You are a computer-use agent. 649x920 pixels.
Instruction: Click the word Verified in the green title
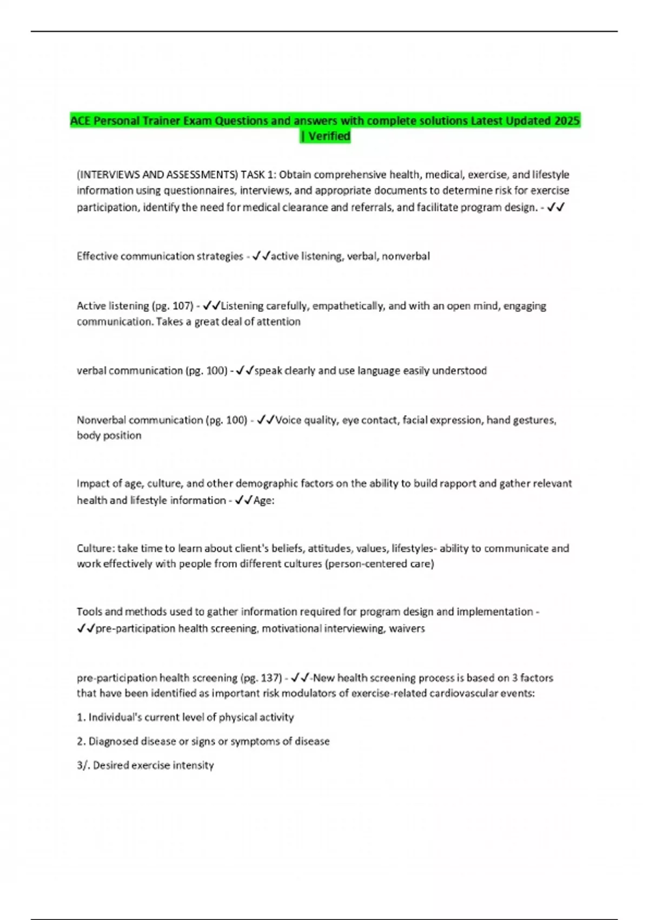point(329,136)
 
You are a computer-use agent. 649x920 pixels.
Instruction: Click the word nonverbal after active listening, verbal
point(406,256)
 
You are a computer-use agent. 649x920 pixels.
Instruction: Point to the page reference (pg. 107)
point(173,306)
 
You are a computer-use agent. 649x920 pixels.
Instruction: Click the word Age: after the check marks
point(264,501)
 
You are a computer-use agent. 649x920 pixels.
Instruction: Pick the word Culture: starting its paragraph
point(95,548)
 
